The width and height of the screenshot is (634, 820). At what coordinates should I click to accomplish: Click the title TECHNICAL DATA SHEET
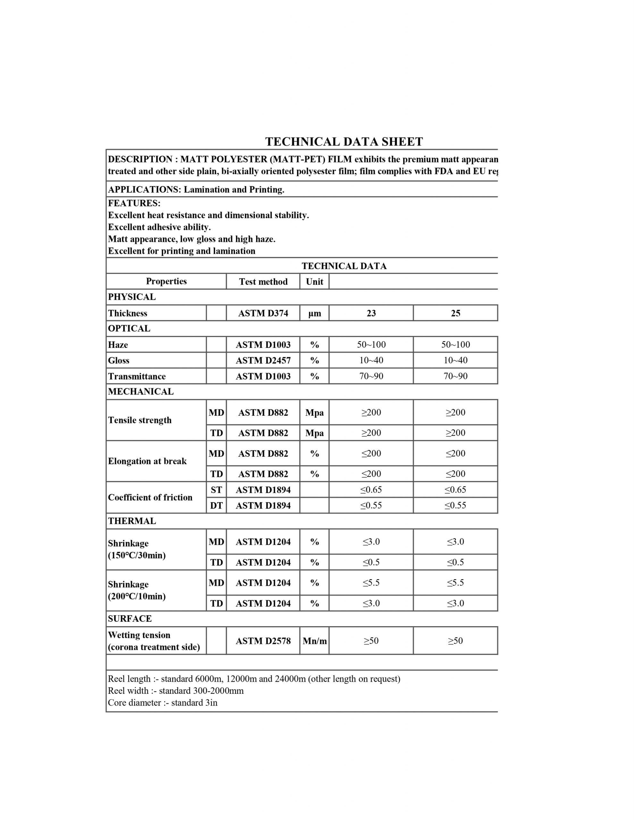[344, 142]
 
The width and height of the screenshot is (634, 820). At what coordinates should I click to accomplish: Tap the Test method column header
[263, 282]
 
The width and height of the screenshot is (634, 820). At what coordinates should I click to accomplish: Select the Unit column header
[314, 282]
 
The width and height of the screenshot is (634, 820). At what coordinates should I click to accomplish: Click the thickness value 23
[371, 313]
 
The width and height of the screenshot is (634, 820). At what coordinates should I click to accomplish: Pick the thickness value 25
[455, 313]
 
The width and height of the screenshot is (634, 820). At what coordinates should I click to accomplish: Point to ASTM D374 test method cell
[263, 313]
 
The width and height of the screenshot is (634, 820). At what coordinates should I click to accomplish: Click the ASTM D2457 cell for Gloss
[263, 360]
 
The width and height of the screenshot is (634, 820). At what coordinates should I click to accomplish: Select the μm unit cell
[314, 313]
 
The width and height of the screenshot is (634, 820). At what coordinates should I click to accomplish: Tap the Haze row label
[118, 345]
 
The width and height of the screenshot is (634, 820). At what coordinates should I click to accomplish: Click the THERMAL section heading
[132, 521]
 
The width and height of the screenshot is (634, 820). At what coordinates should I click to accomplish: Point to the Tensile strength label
[140, 420]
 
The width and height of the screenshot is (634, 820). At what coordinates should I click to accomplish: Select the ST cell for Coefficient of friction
[216, 489]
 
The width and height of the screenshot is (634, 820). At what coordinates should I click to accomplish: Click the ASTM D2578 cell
[263, 641]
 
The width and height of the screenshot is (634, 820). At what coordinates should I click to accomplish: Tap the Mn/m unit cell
[314, 641]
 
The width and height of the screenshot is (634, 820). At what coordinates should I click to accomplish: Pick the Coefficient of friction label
[150, 497]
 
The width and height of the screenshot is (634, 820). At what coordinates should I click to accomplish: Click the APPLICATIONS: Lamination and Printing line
[196, 190]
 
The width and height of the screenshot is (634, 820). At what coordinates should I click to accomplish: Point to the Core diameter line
[163, 702]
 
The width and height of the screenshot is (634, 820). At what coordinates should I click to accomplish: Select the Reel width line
[176, 691]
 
